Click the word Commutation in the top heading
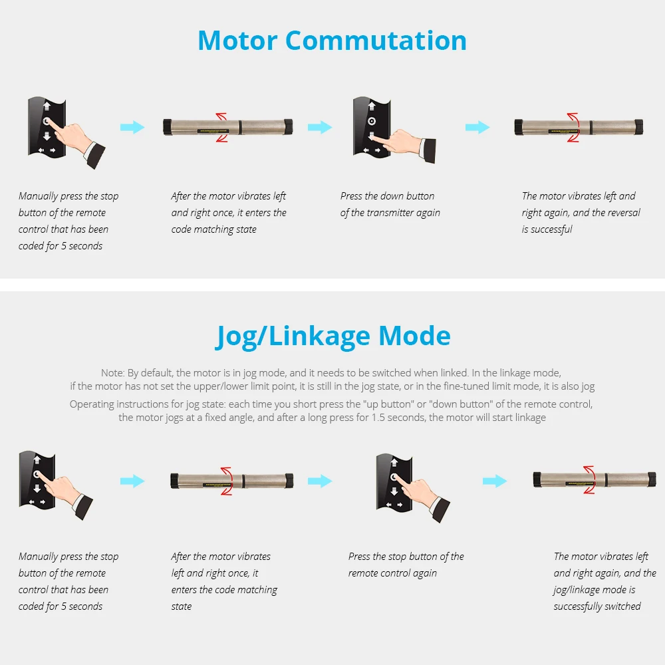[376, 41]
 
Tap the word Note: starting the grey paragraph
[112, 373]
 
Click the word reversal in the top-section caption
[624, 213]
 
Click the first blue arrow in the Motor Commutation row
[132, 127]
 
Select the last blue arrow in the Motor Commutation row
[477, 127]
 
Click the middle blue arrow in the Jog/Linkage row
[319, 481]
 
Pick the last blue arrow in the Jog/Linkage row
[495, 481]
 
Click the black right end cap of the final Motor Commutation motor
[639, 126]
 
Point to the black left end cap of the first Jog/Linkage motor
[174, 480]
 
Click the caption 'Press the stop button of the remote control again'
[406, 565]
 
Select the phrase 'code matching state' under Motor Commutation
[213, 229]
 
